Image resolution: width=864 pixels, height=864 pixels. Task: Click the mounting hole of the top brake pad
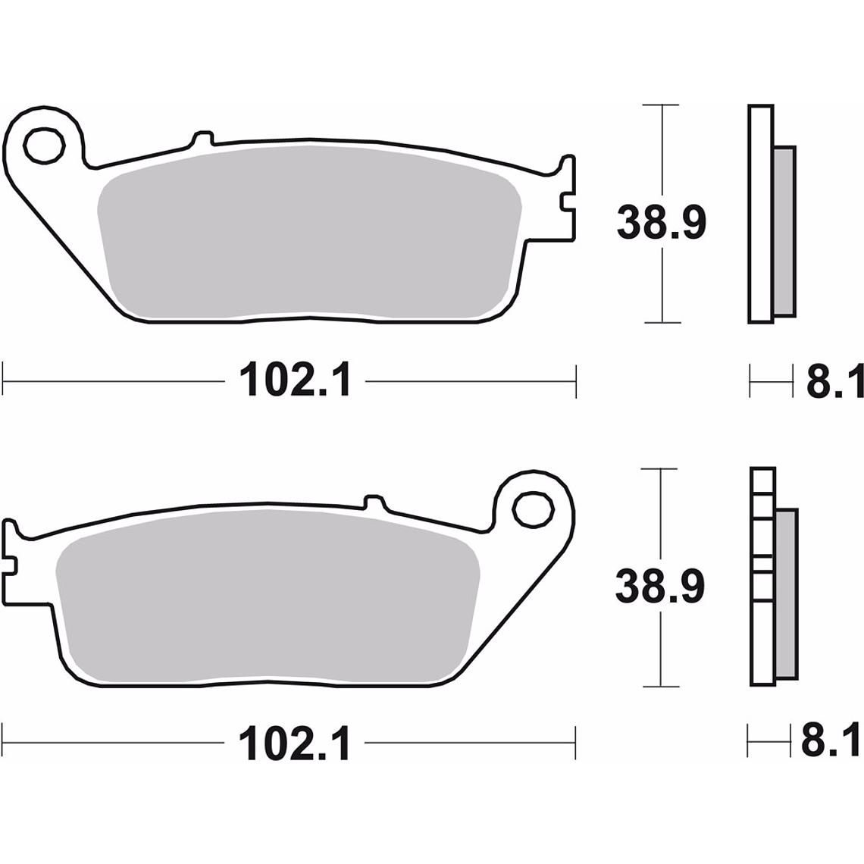point(44,143)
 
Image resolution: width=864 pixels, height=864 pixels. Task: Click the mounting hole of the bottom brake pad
point(533,508)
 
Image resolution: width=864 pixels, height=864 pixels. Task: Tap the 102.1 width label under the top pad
point(296,380)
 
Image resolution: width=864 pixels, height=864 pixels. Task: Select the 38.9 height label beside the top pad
point(661,224)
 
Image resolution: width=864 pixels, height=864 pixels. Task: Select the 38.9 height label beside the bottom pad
point(659,587)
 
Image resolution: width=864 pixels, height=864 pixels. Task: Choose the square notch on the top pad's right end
point(566,202)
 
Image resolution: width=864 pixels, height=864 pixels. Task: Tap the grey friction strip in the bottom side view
point(787,593)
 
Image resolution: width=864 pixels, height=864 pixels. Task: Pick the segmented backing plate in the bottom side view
point(762,576)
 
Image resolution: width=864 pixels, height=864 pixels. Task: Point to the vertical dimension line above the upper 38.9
point(663,152)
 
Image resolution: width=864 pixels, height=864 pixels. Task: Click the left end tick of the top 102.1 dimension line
point(4,380)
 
